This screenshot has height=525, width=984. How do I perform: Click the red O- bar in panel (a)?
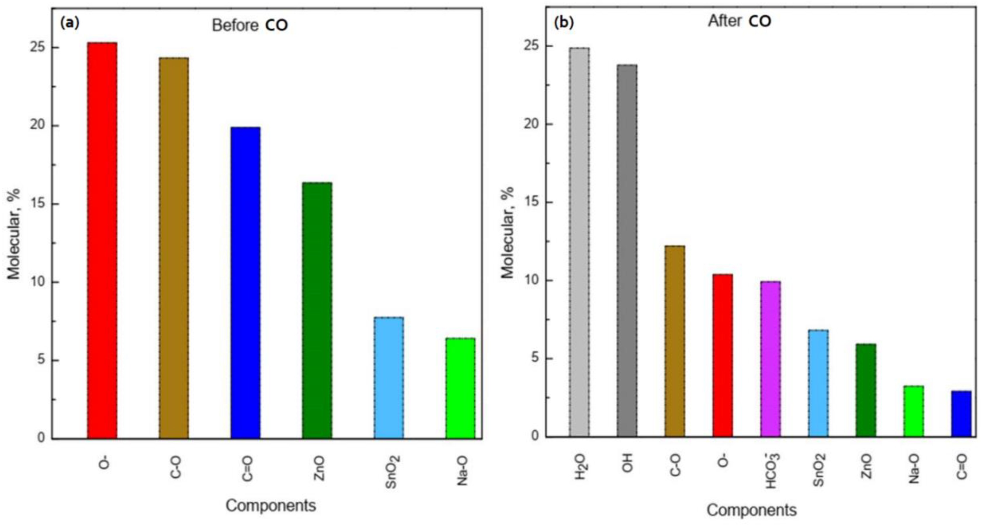(x=102, y=241)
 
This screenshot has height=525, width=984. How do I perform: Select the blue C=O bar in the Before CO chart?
(x=246, y=283)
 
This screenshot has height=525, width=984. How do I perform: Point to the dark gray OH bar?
(x=627, y=251)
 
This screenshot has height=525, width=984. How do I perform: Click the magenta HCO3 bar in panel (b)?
(x=770, y=359)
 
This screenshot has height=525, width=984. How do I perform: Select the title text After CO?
(x=740, y=21)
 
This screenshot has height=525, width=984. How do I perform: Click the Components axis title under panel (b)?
(x=752, y=510)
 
